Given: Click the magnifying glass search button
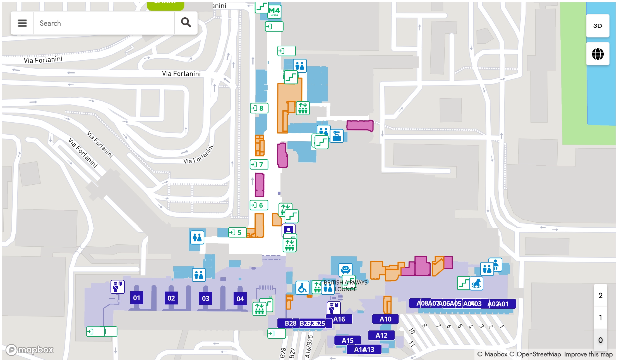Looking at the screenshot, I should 186,23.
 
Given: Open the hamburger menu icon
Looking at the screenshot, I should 22,23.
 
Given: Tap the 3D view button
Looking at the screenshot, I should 598,26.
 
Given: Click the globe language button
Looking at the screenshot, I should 598,54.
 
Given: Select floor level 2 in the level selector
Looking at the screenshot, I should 600,296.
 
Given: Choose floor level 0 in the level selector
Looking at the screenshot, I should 600,340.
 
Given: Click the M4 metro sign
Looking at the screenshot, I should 274,12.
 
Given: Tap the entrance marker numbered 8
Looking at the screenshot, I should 259,108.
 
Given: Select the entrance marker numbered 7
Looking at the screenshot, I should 259,164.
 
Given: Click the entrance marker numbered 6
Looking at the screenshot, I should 259,205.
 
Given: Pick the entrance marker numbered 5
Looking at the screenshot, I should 237,232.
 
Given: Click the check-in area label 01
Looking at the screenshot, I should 136,298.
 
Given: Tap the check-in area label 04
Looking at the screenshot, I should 240,299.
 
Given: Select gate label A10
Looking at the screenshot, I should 385,319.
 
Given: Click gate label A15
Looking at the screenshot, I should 347,340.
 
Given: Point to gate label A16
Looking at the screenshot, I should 339,319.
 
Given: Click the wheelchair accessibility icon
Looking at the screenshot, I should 302,288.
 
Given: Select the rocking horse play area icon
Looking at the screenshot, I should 476,284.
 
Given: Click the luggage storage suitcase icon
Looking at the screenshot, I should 337,136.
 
